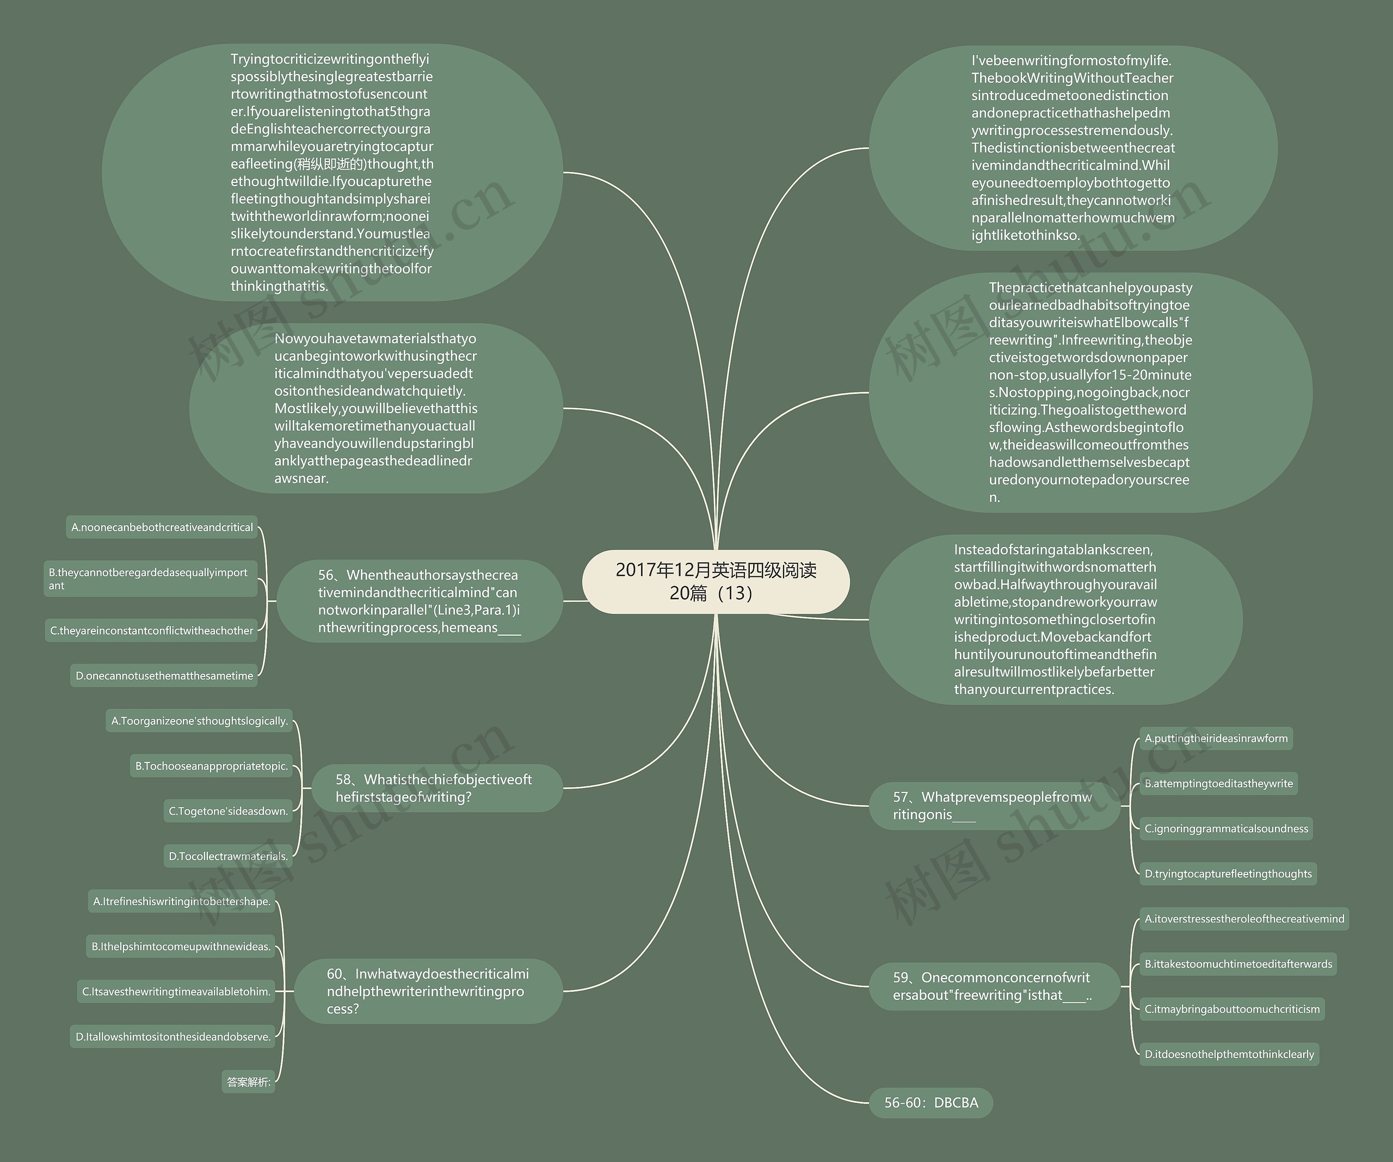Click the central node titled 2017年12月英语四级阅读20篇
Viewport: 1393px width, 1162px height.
pyautogui.click(x=716, y=581)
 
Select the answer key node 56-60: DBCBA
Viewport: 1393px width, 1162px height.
pyautogui.click(x=930, y=1102)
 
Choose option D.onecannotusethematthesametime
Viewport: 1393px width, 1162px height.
pyautogui.click(x=164, y=675)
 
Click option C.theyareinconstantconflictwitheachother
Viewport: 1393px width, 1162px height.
pyautogui.click(x=151, y=630)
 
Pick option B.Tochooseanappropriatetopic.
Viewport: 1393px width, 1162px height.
pyautogui.click(x=212, y=766)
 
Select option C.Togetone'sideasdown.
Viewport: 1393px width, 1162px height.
pyautogui.click(x=228, y=811)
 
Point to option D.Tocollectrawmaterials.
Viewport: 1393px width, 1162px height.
pyautogui.click(x=228, y=856)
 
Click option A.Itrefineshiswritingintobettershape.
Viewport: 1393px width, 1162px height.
pyautogui.click(x=182, y=901)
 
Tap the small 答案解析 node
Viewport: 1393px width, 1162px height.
pyautogui.click(x=248, y=1081)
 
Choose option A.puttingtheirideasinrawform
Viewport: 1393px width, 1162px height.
pyautogui.click(x=1216, y=738)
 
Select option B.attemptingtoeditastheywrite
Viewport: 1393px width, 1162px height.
pyautogui.click(x=1218, y=783)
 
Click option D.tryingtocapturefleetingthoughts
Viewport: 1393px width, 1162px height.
pyautogui.click(x=1228, y=874)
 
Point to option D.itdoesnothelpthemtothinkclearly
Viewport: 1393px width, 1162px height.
pyautogui.click(x=1229, y=1054)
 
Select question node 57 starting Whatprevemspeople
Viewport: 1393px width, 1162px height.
pyautogui.click(x=993, y=806)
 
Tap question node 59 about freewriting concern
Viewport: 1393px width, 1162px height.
pyautogui.click(x=993, y=986)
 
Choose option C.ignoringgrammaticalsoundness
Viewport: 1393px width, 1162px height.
pyautogui.click(x=1226, y=828)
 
